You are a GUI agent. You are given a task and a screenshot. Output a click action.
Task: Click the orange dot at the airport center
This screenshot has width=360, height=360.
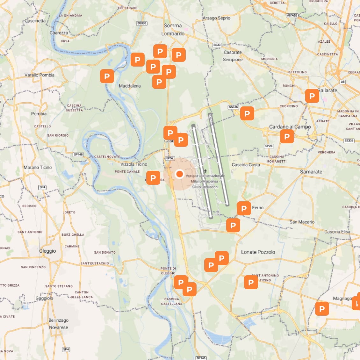pos(180,174)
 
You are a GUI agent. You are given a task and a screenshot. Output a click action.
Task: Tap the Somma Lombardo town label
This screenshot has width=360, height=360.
pos(173,30)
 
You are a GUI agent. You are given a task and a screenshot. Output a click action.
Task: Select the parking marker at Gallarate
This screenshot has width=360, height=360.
pos(312,96)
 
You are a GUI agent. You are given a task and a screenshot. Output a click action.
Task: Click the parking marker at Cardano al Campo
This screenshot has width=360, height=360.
pos(287,136)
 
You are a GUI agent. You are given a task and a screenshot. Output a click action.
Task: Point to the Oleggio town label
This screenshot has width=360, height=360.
pos(47,251)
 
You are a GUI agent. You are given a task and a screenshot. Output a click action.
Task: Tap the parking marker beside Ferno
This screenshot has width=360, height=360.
pos(244,208)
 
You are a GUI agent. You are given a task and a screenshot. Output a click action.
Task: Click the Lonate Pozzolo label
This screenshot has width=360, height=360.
pos(258,252)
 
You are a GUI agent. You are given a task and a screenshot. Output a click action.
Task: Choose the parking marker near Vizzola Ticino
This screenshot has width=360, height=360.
pos(153,178)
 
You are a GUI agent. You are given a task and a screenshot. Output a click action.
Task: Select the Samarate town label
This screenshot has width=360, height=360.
pos(311,172)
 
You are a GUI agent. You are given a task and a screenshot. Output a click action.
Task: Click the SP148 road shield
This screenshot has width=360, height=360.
pos(78,155)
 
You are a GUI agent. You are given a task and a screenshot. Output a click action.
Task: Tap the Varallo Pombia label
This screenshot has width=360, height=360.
pos(40,75)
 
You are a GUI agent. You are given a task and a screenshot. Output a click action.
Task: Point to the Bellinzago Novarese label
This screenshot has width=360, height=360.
pos(58,324)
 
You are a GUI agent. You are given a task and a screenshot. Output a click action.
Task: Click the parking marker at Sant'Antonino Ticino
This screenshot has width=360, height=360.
pos(251,282)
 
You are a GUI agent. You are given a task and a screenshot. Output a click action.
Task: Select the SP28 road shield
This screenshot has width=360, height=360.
pos(269,146)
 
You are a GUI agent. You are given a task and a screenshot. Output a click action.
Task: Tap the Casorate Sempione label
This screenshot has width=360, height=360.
pos(233,56)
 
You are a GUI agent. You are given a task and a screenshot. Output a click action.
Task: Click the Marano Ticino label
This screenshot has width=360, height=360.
pos(38,167)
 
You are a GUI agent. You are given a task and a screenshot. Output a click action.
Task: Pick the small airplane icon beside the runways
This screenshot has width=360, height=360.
pos(205,171)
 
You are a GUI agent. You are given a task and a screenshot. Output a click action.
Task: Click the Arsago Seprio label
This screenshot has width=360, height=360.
pos(217,18)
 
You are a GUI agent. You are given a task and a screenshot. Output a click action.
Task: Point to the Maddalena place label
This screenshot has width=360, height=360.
pos(130,86)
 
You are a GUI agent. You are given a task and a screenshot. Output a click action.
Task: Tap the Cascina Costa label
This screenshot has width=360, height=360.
pos(246,165)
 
